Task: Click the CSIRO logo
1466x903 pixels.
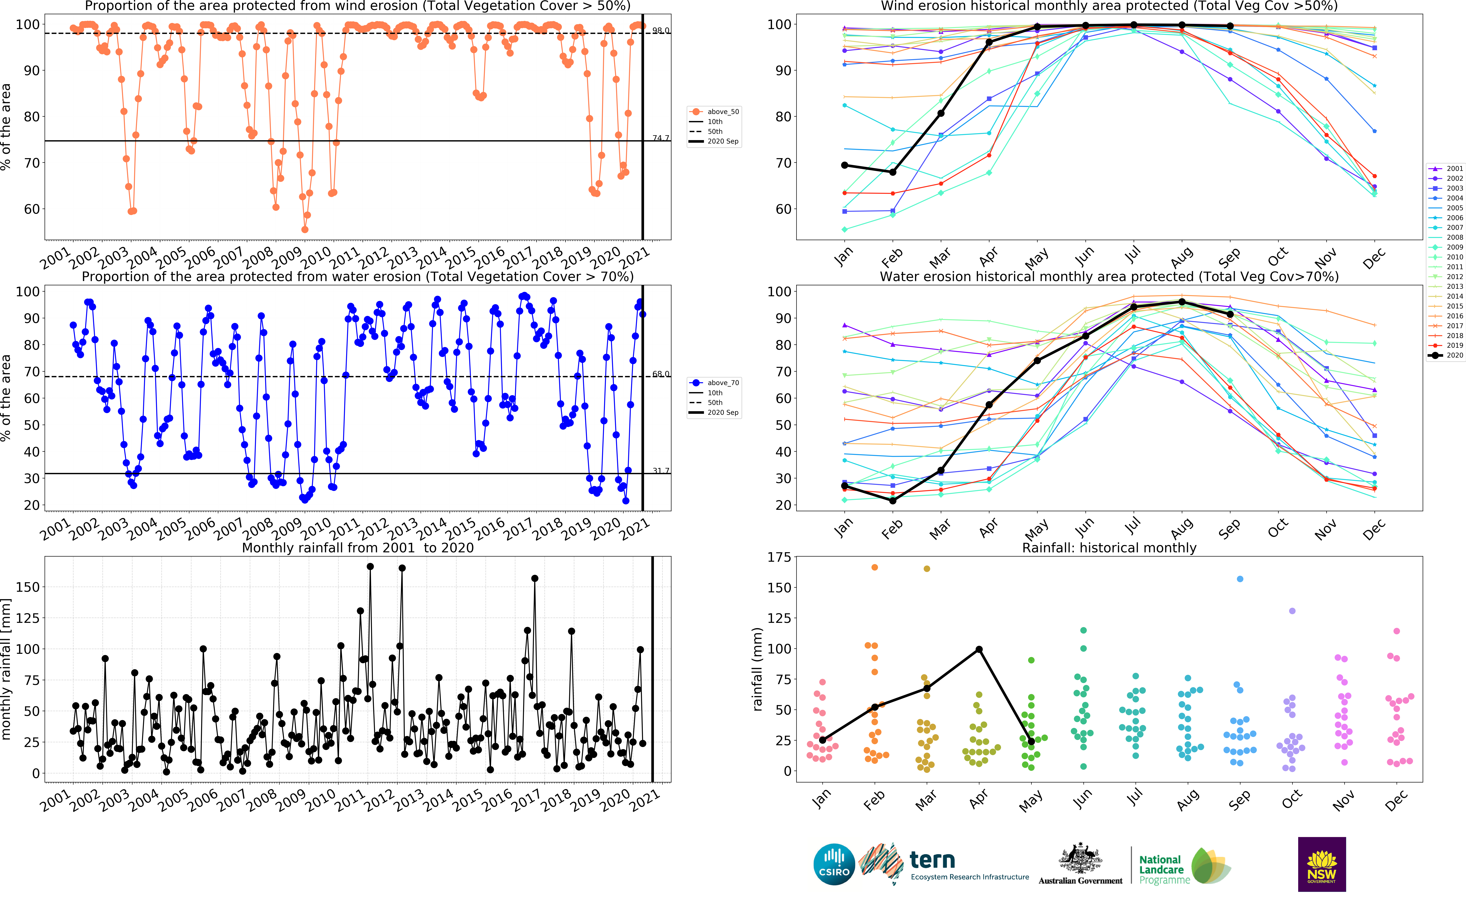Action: point(834,864)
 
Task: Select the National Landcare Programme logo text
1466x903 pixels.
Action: point(1161,869)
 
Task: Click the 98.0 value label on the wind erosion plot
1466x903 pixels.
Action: point(661,30)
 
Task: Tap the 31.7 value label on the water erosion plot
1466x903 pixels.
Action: point(661,471)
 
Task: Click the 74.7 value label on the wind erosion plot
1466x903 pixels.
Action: point(661,138)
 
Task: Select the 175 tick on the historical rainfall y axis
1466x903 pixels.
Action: point(779,557)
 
